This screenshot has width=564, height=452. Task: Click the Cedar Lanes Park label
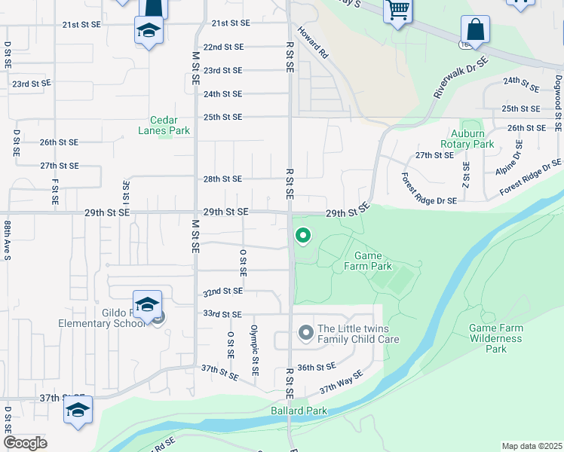pos(164,124)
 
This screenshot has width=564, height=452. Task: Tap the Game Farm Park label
pos(368,261)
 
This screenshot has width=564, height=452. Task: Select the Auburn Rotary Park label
pos(467,139)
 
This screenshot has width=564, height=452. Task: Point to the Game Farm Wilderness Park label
pos(495,338)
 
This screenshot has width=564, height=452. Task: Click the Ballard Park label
pos(299,411)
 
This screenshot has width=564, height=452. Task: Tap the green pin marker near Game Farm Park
pos(303,236)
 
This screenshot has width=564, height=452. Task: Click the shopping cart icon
pos(397,11)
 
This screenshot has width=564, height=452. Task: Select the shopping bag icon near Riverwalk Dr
pos(476,32)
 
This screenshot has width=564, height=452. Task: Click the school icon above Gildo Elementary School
pos(147,304)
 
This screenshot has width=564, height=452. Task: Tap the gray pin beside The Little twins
pos(305,332)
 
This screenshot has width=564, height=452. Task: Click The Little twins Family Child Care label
pos(357,334)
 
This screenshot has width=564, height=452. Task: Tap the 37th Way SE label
pos(341,383)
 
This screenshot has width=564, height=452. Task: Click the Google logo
pos(25,443)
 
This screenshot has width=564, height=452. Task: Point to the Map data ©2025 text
pos(531,446)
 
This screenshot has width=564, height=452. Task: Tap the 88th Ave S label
pos(6,240)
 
